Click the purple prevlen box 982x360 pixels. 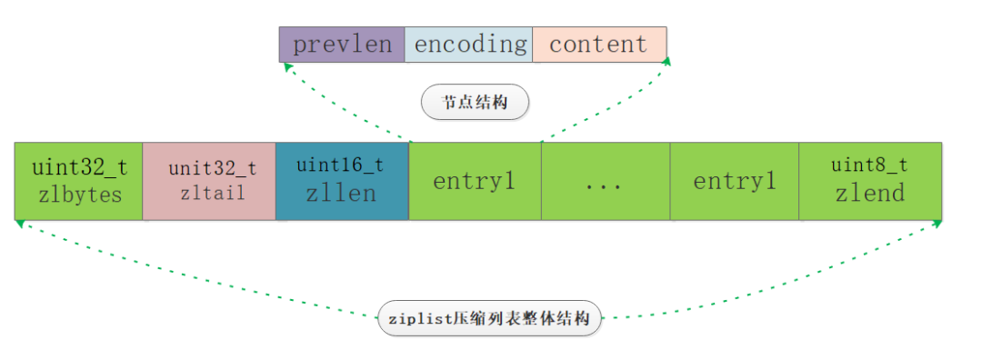click(x=341, y=45)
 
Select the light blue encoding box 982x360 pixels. click(x=469, y=45)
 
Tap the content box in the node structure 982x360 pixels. click(x=598, y=45)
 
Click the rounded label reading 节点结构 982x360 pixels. click(x=475, y=103)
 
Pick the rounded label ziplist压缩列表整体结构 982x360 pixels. click(x=489, y=318)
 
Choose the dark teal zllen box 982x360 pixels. click(x=342, y=180)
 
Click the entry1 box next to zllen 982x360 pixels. click(x=475, y=180)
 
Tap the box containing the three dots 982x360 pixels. click(x=605, y=180)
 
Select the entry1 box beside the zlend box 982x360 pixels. click(x=734, y=180)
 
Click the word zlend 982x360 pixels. click(x=870, y=193)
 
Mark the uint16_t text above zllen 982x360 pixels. click(x=341, y=165)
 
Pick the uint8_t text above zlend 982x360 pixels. click(x=869, y=165)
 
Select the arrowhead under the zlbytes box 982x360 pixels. click(x=19, y=225)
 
